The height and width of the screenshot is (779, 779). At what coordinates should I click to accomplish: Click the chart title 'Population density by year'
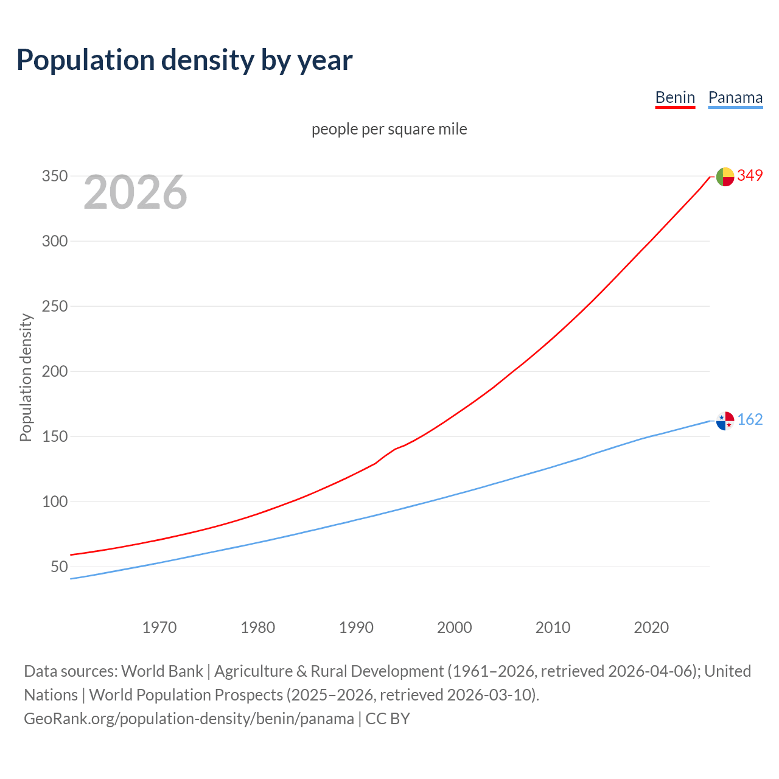(x=184, y=60)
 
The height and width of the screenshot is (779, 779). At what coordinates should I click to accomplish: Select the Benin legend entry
(x=675, y=97)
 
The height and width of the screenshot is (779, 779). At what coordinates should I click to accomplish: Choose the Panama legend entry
(x=735, y=97)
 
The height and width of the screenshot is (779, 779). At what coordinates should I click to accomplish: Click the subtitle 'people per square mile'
(x=389, y=129)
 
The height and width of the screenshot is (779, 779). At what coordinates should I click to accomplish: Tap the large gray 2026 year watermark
(x=135, y=192)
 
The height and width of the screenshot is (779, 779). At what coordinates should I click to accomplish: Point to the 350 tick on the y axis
(x=54, y=176)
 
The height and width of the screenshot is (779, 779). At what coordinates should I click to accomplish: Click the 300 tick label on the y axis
(x=54, y=241)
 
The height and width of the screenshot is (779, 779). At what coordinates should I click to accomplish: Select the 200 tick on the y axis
(x=54, y=371)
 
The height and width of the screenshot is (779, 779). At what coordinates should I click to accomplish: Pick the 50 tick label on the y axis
(x=59, y=567)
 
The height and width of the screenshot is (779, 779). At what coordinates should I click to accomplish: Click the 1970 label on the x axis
(x=159, y=627)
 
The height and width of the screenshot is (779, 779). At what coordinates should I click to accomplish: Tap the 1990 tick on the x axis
(x=356, y=627)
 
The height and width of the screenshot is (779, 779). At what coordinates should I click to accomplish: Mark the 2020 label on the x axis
(x=651, y=627)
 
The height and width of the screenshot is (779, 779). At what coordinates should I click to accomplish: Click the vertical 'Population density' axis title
(x=26, y=377)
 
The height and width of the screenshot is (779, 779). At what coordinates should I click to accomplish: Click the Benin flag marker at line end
(x=725, y=176)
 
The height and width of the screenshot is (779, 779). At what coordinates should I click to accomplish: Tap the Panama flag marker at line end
(x=725, y=421)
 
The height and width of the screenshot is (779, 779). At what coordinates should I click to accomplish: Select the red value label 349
(x=750, y=175)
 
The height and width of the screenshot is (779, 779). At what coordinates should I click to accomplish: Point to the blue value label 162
(x=750, y=419)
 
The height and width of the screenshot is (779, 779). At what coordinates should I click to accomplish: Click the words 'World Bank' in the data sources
(x=162, y=671)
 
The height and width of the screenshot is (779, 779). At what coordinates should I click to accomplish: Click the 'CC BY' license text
(x=388, y=719)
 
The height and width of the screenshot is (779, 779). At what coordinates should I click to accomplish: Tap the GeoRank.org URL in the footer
(x=189, y=719)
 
